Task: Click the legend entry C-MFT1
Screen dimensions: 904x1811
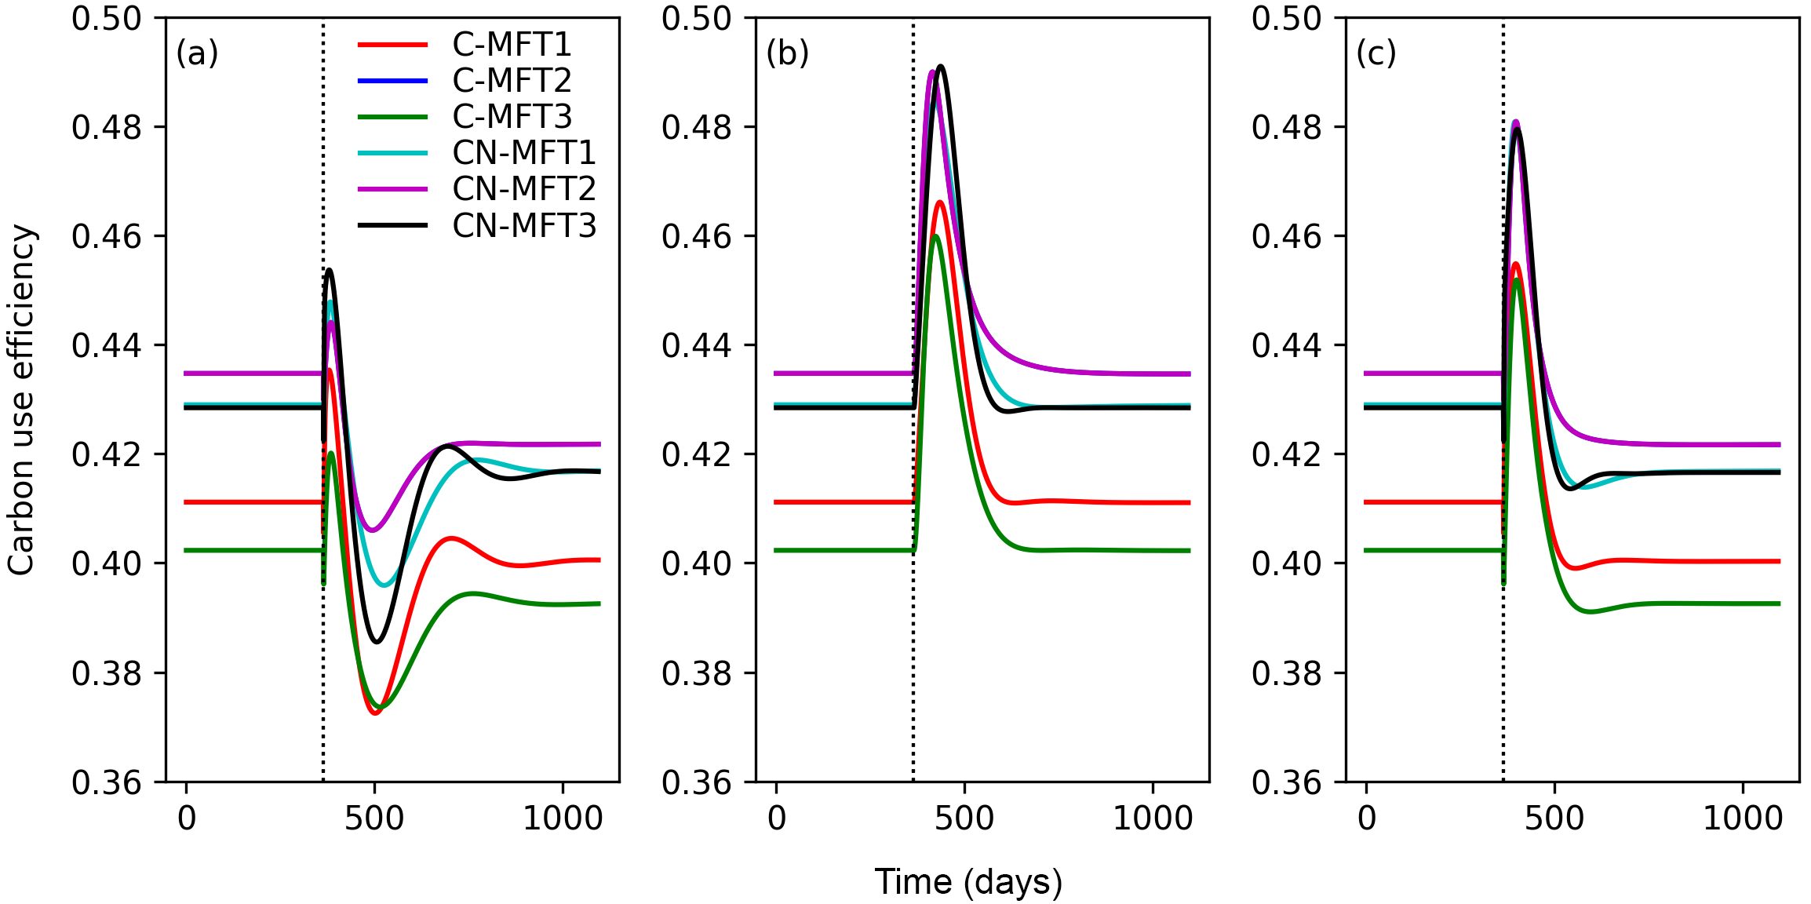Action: point(512,45)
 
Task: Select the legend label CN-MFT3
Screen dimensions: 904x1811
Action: point(524,226)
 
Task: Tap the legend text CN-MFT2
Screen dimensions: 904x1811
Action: point(524,189)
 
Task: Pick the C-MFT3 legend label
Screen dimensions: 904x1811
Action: point(512,117)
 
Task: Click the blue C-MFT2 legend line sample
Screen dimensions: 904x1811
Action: point(392,81)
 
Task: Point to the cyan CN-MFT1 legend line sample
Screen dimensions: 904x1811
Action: point(392,153)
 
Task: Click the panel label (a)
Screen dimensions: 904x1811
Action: point(197,53)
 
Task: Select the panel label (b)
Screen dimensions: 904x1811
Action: point(787,53)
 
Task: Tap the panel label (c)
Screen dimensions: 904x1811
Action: point(1376,53)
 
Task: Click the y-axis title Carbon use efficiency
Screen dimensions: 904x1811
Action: point(21,400)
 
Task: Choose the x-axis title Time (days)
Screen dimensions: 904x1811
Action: point(968,882)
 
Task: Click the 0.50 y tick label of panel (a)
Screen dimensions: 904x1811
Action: point(107,19)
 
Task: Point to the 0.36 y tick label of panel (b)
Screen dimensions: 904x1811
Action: point(697,782)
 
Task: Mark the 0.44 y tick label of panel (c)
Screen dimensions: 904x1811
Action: point(1287,345)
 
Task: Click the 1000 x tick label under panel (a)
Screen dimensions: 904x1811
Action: point(563,818)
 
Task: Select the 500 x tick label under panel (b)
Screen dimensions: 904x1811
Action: point(964,818)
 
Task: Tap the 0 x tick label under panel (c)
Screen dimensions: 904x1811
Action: point(1367,818)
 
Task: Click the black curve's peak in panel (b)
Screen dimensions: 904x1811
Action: point(940,67)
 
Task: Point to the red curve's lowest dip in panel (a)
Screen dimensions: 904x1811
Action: point(375,713)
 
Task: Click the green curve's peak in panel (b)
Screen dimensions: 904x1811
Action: point(935,236)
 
